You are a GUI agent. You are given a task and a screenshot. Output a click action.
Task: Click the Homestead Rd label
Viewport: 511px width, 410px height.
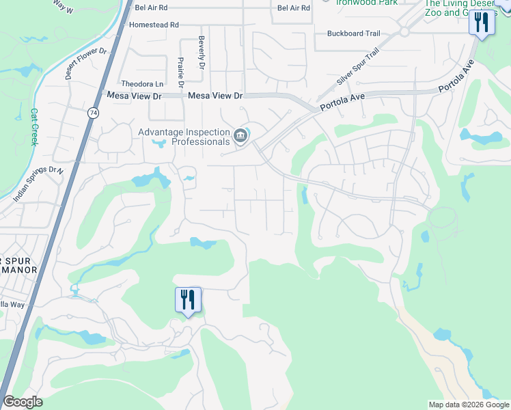pos(154,25)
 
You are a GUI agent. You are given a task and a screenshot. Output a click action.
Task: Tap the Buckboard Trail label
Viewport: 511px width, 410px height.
pos(353,33)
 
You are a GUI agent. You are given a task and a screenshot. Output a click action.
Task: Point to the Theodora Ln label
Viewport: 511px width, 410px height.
pos(141,83)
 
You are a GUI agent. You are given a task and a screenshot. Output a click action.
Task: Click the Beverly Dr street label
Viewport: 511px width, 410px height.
pos(202,53)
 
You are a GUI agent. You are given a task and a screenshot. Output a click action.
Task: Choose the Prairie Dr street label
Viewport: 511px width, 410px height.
pos(180,73)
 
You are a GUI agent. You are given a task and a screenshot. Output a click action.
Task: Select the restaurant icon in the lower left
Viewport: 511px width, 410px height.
pos(188,299)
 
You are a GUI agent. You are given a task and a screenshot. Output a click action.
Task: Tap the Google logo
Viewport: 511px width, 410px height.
pos(23,402)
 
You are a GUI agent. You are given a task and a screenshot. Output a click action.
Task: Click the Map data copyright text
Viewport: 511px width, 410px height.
pos(469,405)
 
